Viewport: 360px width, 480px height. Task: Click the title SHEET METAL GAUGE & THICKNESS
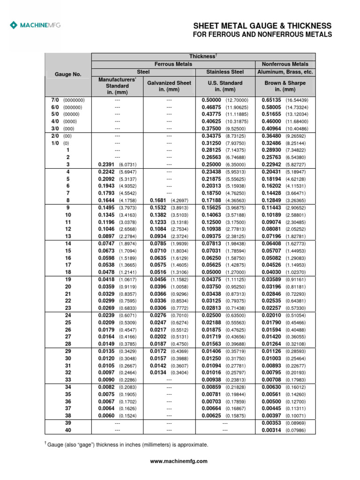[x=262, y=26]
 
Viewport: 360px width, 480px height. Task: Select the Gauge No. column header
[x=67, y=74]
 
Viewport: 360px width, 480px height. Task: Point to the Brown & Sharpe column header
[x=285, y=86]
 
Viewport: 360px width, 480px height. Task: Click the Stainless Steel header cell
[x=225, y=72]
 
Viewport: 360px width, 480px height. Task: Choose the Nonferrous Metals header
[x=285, y=64]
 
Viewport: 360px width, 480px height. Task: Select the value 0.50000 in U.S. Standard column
[x=211, y=100]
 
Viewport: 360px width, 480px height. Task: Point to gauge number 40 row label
[x=68, y=429]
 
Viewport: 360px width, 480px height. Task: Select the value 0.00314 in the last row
[x=268, y=429]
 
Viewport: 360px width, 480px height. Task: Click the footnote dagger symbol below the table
[x=46, y=443]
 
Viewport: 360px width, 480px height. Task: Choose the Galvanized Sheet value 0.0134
[x=158, y=373]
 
